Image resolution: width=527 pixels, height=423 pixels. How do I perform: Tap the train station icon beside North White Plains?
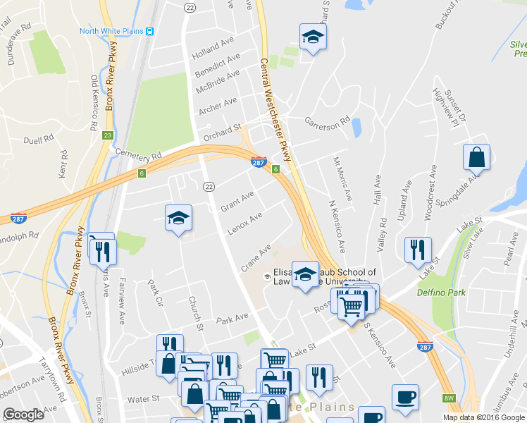click(x=151, y=31)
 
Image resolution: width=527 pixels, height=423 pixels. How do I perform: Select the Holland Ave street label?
click(x=213, y=48)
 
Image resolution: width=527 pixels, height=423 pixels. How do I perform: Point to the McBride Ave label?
click(x=218, y=80)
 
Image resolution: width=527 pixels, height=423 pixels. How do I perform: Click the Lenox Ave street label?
click(x=244, y=223)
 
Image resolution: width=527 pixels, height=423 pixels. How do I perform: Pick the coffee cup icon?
click(x=405, y=397)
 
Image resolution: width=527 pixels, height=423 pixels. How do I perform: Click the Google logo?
click(x=23, y=415)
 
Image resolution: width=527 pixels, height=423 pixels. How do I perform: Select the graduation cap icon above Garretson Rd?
click(x=313, y=37)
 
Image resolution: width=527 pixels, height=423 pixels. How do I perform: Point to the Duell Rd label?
click(x=33, y=140)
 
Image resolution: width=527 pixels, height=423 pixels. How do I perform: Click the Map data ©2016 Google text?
click(x=484, y=417)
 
